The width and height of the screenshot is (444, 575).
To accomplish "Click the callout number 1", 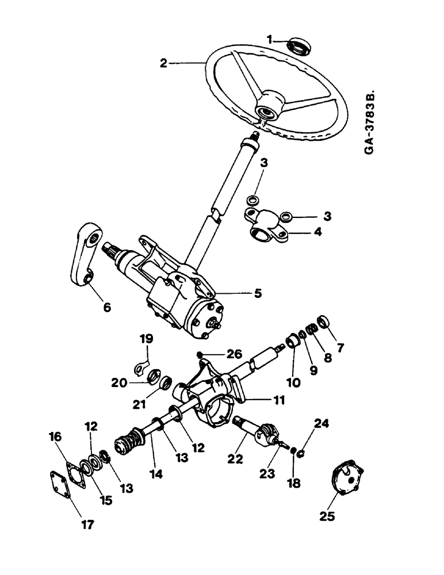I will click(x=270, y=39).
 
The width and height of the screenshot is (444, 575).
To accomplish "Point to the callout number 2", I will click(x=164, y=63).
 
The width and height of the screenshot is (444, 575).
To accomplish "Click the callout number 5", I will click(x=257, y=293).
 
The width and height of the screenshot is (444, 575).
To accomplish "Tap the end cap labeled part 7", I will click(x=324, y=320).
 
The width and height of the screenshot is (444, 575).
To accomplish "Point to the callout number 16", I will click(x=55, y=438).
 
